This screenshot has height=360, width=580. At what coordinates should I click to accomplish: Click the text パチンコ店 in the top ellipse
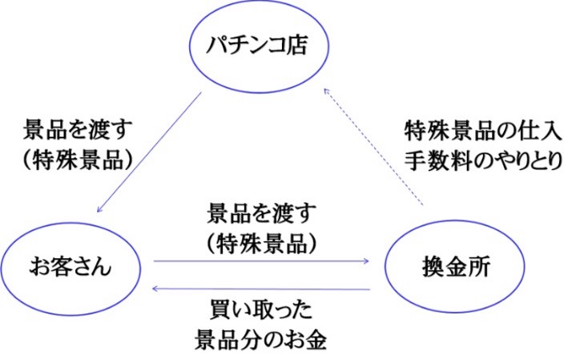[x=256, y=46]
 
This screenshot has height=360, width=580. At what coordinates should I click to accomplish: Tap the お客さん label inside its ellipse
[x=70, y=267]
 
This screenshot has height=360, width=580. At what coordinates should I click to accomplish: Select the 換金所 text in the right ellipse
[x=456, y=267]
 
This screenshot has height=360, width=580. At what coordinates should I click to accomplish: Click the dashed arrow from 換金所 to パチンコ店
[x=373, y=147]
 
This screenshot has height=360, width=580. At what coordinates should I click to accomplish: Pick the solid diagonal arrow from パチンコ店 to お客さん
[x=149, y=152]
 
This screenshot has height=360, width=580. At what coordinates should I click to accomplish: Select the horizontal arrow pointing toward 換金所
[x=261, y=261]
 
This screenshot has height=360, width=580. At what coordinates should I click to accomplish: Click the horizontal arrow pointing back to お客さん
[x=261, y=289]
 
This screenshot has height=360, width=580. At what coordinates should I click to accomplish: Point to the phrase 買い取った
[x=261, y=310]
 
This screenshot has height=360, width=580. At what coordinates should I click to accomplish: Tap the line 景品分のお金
[x=261, y=340]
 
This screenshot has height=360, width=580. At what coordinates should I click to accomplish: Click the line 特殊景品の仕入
[x=483, y=131]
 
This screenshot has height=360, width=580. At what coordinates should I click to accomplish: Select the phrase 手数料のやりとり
[x=483, y=161]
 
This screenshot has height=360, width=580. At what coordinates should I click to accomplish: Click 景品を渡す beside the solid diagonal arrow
[x=78, y=130]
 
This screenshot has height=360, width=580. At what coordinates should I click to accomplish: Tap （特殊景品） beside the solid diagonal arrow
[x=78, y=160]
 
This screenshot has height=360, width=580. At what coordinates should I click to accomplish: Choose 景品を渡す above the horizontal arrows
[x=261, y=213]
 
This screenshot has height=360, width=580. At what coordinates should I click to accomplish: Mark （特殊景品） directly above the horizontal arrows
[x=261, y=244]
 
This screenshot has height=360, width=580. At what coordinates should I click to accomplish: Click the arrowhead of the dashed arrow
[x=326, y=91]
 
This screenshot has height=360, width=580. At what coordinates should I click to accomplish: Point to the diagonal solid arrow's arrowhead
[x=99, y=209]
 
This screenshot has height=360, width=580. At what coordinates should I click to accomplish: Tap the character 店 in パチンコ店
[x=297, y=46]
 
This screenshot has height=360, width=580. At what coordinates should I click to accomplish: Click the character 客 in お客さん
[x=60, y=267]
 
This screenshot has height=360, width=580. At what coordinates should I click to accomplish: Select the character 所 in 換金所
[x=479, y=267]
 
